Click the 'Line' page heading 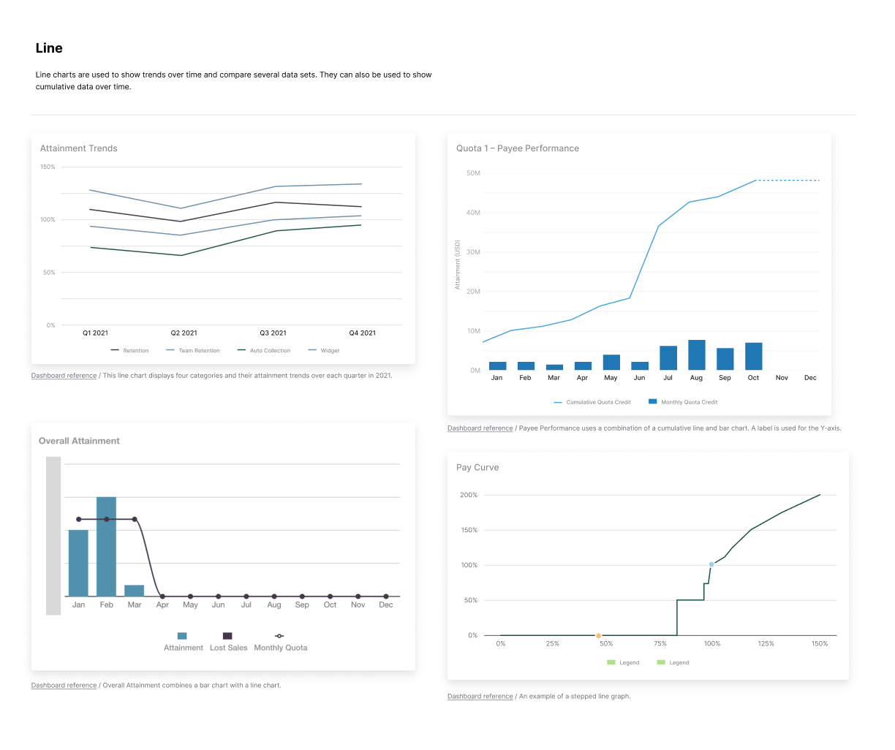49,48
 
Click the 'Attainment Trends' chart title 79,148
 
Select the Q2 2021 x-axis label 184,333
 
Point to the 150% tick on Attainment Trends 48,167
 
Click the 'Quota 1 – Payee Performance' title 517,148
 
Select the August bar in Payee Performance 696,355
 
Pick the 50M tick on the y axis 472,173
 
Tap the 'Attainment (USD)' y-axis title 458,265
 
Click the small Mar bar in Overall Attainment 134,591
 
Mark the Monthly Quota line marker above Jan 78,520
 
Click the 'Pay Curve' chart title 477,468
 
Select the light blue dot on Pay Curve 711,565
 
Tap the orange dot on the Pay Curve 598,636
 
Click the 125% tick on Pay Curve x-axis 766,644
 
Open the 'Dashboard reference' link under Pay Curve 480,697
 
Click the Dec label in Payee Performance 810,378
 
